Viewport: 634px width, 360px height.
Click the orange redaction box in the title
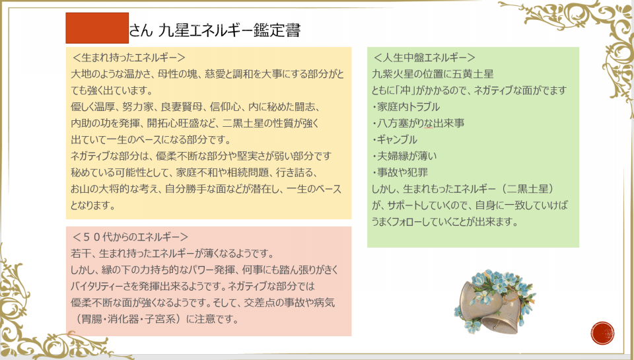(97, 28)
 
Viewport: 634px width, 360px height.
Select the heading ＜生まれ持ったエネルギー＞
(129, 57)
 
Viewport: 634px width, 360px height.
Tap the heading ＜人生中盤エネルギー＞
(424, 57)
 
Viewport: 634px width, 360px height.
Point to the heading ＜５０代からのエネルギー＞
(130, 236)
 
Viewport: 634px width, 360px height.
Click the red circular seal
(602, 334)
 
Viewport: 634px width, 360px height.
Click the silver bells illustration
(495, 301)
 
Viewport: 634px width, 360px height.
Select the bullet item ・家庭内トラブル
(405, 107)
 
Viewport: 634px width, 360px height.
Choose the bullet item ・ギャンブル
(394, 139)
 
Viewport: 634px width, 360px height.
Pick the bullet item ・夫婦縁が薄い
(404, 156)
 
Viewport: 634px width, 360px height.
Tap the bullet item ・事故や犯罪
(400, 172)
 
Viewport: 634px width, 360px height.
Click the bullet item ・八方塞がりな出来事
(418, 123)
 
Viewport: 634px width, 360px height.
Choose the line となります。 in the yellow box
(93, 205)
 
